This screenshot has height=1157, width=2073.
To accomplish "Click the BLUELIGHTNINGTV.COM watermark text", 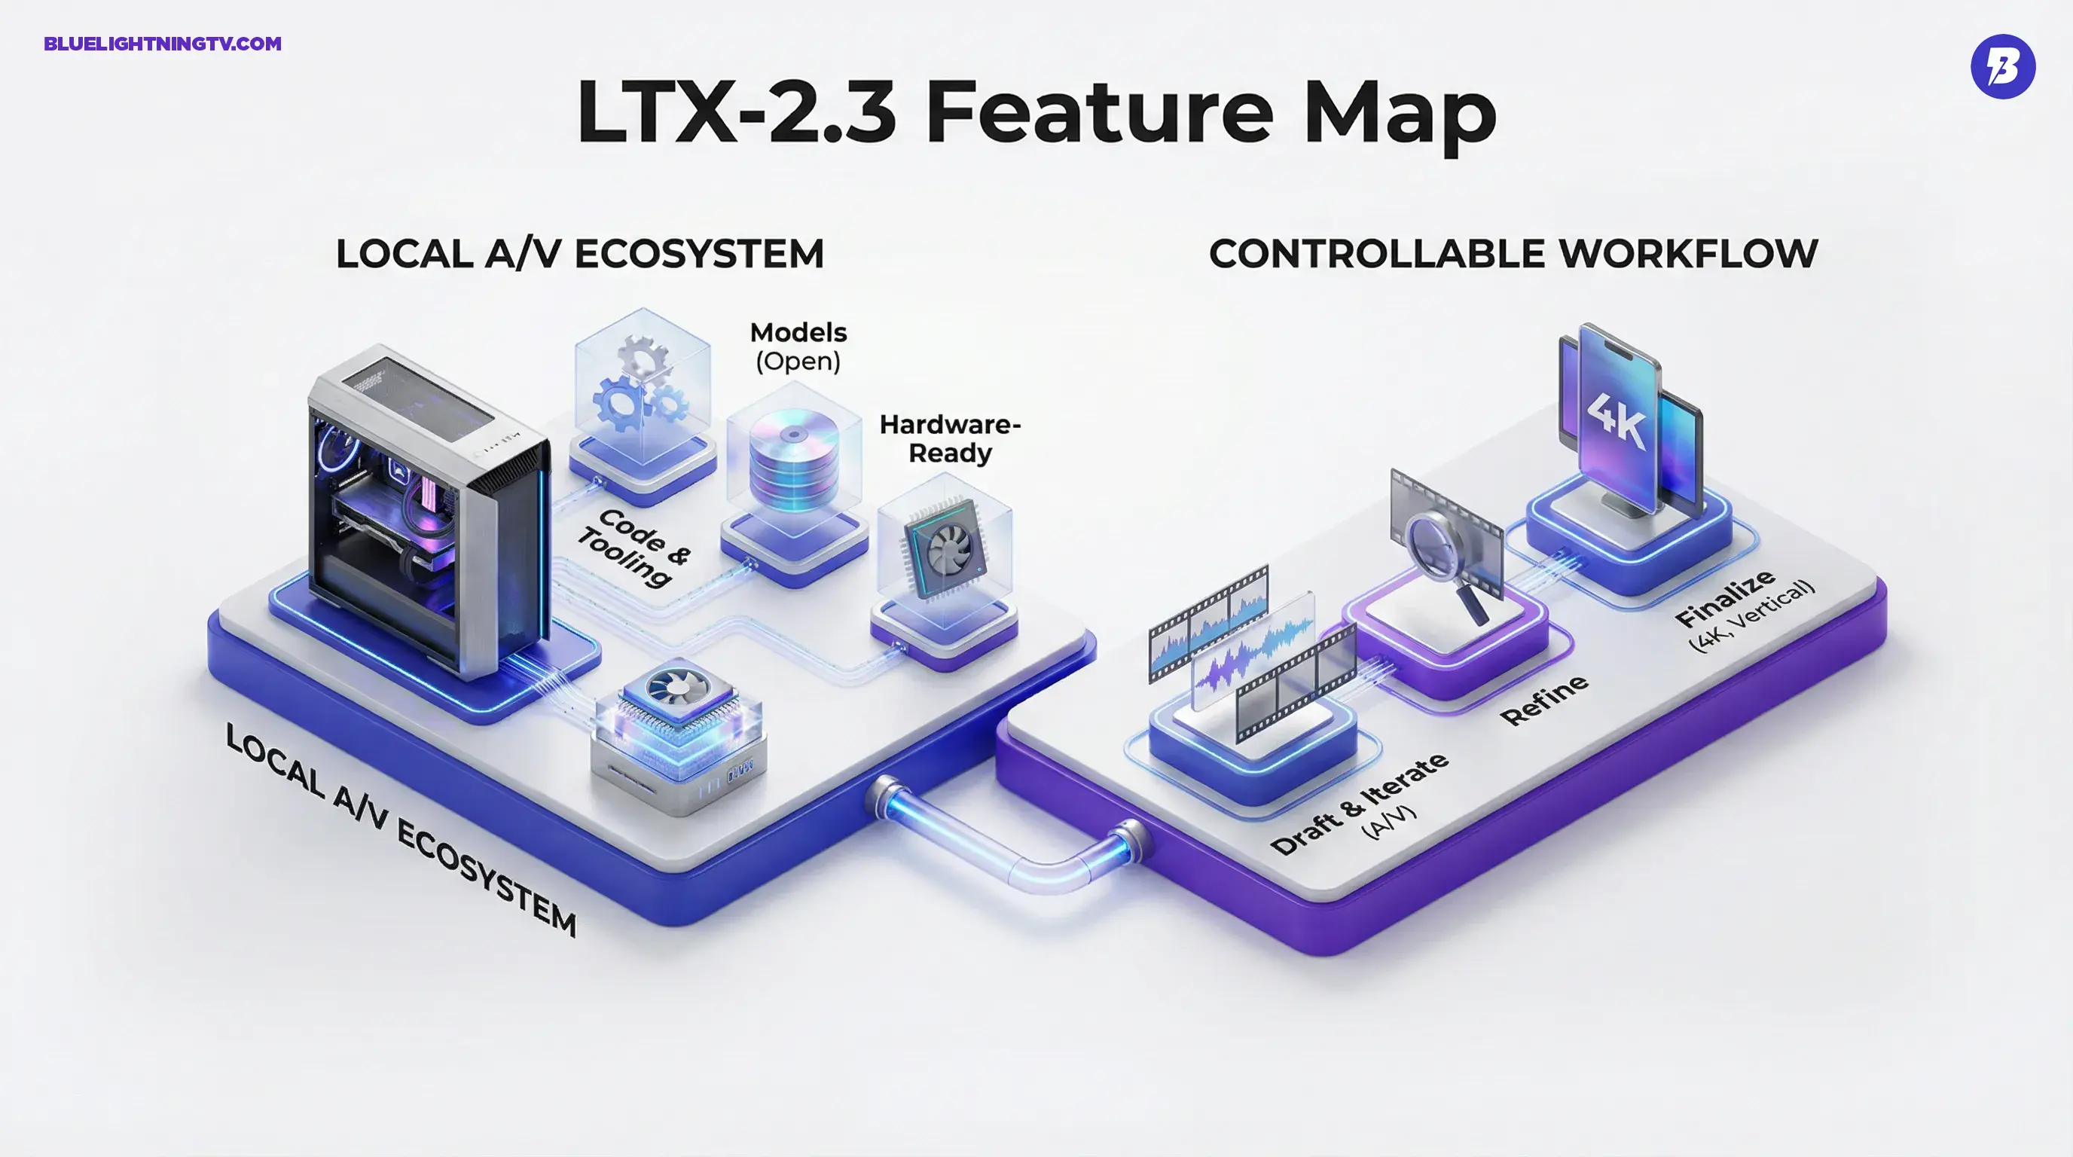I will (x=163, y=44).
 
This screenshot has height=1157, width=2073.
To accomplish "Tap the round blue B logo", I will (x=2002, y=67).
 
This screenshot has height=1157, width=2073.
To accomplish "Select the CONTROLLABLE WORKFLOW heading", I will (x=1513, y=255).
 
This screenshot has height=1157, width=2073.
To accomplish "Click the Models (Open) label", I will (x=798, y=346).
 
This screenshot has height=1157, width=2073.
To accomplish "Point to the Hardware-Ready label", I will (x=950, y=438).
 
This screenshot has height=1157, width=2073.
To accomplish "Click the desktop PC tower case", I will (x=426, y=507).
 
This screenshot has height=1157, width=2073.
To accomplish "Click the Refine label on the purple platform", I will (x=1543, y=700).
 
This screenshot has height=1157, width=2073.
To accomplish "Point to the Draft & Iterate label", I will (x=1360, y=804).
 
